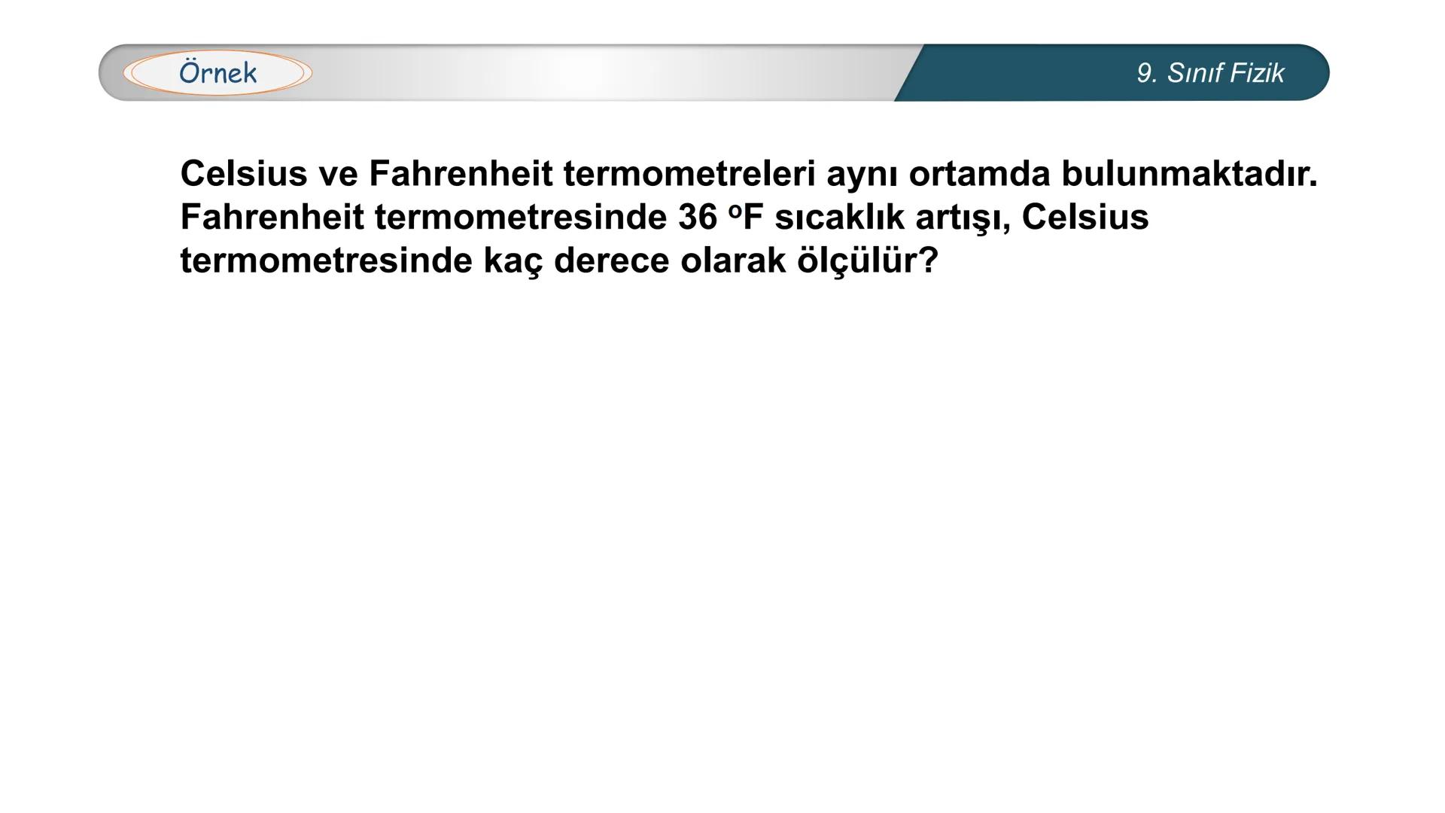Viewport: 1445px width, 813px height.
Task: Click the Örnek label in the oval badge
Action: coord(218,73)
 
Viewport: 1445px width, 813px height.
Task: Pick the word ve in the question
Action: coord(338,174)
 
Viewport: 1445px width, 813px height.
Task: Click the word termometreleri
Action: coord(689,174)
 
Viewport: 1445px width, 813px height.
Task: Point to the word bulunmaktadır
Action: coord(1189,174)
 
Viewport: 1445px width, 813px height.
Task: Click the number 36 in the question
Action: coord(698,218)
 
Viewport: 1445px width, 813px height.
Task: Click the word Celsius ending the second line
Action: coord(1085,218)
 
